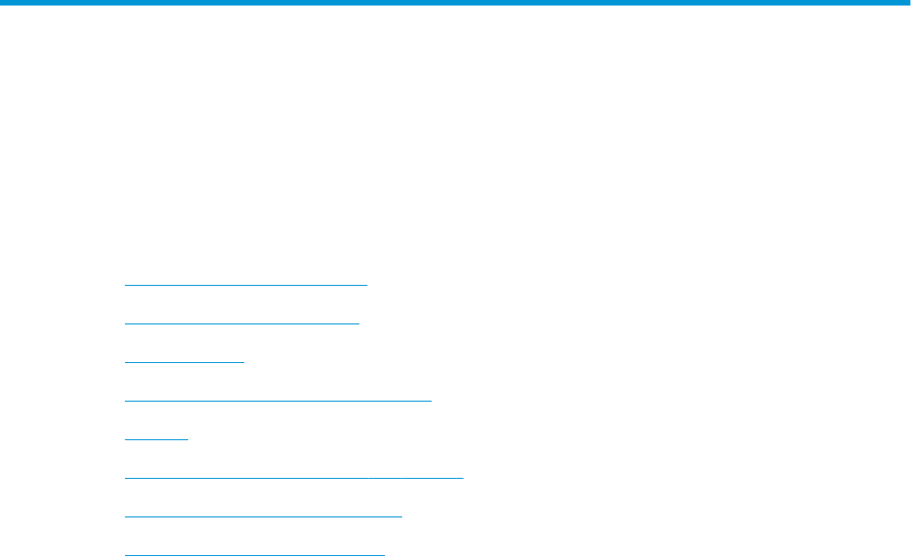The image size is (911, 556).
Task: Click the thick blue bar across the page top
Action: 455,3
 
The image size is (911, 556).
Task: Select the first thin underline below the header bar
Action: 245,285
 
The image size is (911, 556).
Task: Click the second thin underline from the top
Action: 242,323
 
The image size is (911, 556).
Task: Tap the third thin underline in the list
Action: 184,362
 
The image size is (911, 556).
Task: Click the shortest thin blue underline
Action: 156,439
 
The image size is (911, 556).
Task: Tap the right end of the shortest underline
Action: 187,439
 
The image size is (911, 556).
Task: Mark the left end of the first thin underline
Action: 125,285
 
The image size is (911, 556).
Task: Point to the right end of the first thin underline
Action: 366,285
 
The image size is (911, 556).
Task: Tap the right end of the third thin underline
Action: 243,362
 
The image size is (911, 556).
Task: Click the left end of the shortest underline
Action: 125,439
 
